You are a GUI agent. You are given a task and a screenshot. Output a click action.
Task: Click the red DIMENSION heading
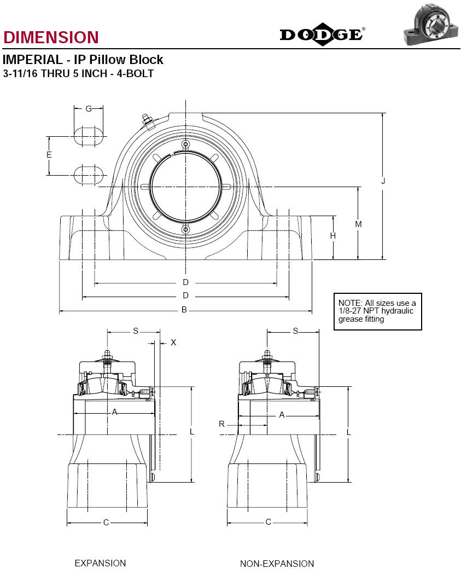point(51,37)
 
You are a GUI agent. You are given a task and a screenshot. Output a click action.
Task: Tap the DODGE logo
point(322,34)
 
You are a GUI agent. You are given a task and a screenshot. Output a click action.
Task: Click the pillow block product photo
point(431,24)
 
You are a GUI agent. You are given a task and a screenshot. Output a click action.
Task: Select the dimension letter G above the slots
point(89,109)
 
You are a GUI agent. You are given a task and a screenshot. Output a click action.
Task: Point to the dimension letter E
point(49,155)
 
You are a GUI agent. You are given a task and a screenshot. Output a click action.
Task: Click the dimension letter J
point(383,181)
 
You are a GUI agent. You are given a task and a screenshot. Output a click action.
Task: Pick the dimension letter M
point(358,224)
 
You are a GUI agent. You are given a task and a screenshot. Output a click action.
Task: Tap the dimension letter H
point(333,236)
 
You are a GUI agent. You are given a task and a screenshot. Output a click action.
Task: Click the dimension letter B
point(184,310)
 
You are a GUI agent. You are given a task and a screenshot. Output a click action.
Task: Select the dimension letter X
point(173,343)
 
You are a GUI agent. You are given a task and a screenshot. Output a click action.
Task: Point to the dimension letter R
point(221,424)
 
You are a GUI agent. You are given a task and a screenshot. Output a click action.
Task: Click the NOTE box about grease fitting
point(378,311)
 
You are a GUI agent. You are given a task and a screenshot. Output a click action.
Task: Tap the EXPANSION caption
point(100,563)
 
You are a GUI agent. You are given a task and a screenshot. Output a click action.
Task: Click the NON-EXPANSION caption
point(277,564)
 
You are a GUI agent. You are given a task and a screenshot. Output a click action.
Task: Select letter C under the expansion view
point(106,523)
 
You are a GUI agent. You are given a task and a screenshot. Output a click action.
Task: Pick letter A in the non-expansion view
point(282,415)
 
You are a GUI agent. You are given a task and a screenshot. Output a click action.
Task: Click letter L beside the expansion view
point(192,432)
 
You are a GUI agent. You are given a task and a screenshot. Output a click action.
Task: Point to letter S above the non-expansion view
point(296,331)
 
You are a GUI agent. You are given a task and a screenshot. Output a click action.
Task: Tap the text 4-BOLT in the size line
point(135,73)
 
